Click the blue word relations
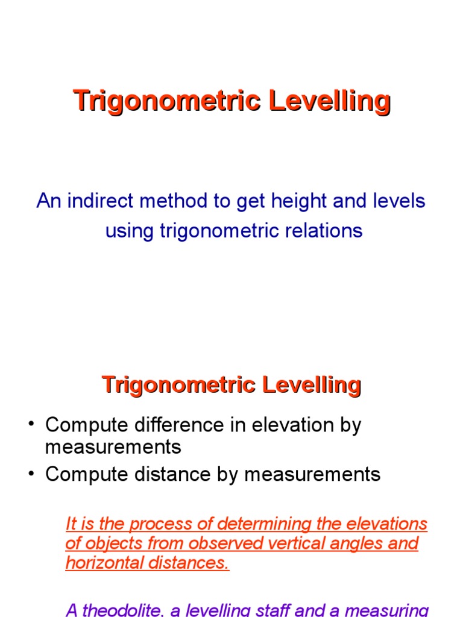click(x=326, y=231)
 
